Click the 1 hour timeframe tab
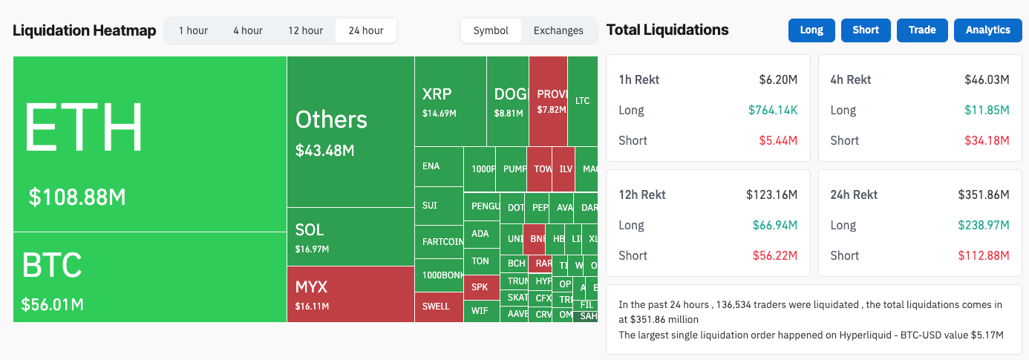coord(193,30)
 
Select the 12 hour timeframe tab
coord(305,30)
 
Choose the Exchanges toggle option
coord(558,30)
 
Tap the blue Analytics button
coord(987,30)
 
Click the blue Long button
coord(811,30)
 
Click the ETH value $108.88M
coord(77,197)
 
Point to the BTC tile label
coord(51,265)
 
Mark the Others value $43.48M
coord(324,151)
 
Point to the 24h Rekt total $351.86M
coord(984,194)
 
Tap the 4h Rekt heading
coord(850,79)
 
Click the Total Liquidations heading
coord(667,30)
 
